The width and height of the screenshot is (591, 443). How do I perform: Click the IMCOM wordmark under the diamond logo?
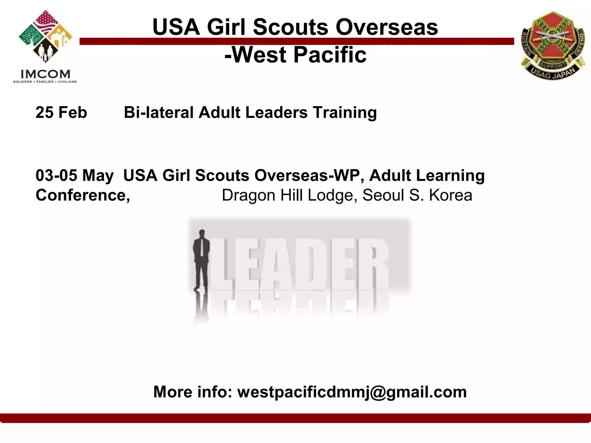coord(45,74)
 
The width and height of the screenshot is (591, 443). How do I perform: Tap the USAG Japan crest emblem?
coord(553,45)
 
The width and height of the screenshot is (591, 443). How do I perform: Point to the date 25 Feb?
coord(61,112)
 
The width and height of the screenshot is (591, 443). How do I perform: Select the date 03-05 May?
coord(74,175)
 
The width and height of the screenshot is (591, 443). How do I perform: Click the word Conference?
coord(83,195)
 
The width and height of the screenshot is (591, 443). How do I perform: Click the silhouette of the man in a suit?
coord(201,260)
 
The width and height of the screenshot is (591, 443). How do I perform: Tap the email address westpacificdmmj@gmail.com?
coord(352,392)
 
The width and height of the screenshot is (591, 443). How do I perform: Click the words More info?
coord(193,392)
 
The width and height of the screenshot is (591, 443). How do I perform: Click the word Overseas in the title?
coord(387,27)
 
